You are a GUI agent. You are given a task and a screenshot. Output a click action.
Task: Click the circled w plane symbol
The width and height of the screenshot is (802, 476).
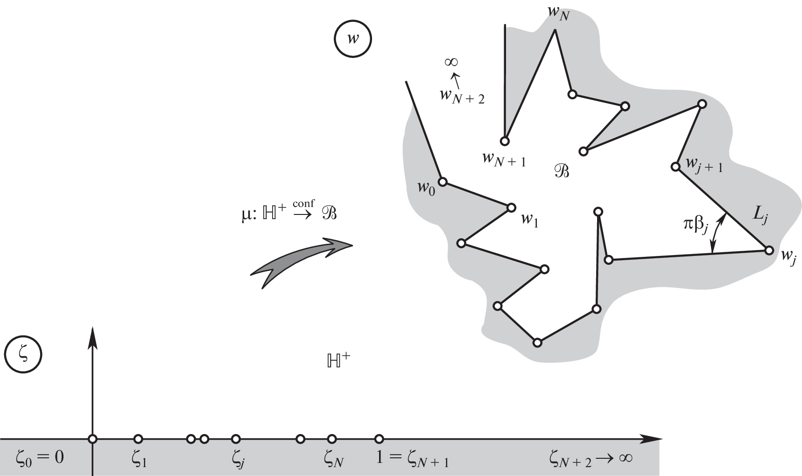pyautogui.click(x=352, y=38)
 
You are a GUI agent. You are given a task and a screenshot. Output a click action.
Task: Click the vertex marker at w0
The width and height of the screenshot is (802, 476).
pyautogui.click(x=443, y=181)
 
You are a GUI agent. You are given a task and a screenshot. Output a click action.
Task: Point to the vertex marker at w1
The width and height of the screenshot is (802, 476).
pyautogui.click(x=511, y=207)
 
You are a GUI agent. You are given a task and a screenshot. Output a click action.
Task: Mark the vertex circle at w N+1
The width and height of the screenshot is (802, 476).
pyautogui.click(x=505, y=141)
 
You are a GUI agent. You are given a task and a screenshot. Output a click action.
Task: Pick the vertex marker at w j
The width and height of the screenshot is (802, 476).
pyautogui.click(x=768, y=250)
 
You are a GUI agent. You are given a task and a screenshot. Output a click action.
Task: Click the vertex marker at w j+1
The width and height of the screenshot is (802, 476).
pyautogui.click(x=675, y=166)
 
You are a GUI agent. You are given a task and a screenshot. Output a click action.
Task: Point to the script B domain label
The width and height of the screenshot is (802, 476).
pyautogui.click(x=561, y=172)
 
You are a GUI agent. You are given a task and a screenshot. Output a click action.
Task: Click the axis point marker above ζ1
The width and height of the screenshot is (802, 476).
pyautogui.click(x=138, y=439)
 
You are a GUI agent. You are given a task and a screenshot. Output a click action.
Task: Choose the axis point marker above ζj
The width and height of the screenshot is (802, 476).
pyautogui.click(x=236, y=439)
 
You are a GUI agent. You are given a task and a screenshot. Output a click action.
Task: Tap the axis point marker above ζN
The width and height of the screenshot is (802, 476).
pyautogui.click(x=331, y=439)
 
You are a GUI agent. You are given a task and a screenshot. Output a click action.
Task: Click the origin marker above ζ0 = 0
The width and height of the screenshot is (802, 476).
pyautogui.click(x=93, y=439)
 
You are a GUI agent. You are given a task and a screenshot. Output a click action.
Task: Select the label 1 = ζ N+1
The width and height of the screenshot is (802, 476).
pyautogui.click(x=412, y=459)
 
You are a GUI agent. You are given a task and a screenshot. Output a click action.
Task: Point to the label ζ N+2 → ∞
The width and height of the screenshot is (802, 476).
pyautogui.click(x=590, y=459)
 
